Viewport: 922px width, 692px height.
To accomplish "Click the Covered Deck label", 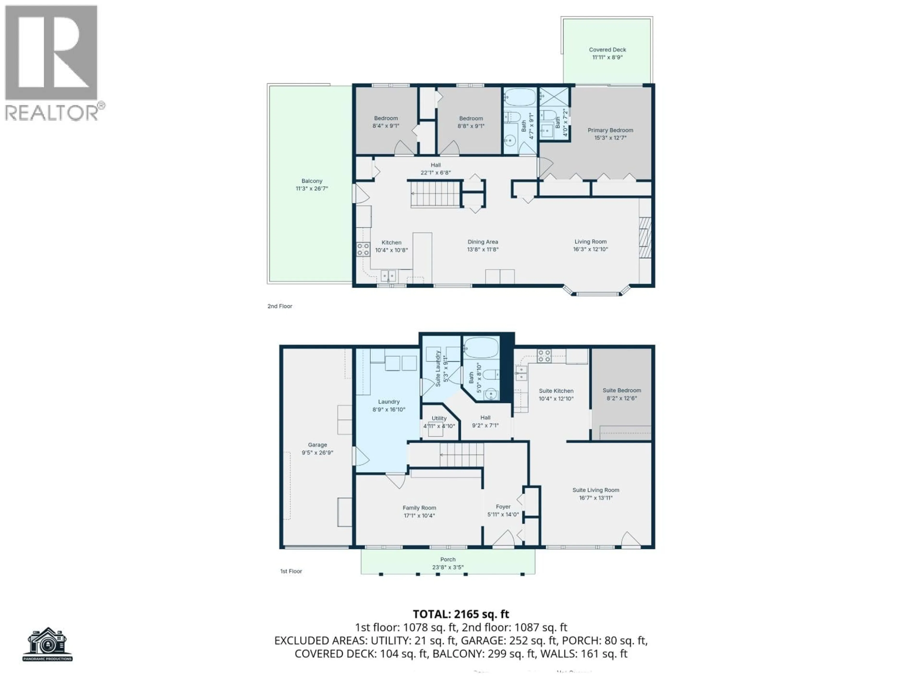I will (x=607, y=50).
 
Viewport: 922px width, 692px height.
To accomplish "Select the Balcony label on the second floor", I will (x=312, y=181).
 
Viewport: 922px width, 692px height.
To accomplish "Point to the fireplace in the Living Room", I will (x=645, y=238).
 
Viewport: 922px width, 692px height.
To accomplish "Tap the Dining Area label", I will (x=483, y=242).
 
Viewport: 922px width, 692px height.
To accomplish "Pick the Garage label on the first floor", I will (x=317, y=445).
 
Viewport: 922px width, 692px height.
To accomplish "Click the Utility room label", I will (x=439, y=418).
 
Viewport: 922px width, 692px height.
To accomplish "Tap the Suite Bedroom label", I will (x=621, y=390).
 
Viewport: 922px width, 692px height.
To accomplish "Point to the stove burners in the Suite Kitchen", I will (x=544, y=356).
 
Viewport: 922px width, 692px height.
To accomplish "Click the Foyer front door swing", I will (x=503, y=538).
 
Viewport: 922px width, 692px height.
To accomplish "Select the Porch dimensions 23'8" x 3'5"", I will (x=448, y=567).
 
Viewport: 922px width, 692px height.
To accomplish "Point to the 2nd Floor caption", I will (x=280, y=306).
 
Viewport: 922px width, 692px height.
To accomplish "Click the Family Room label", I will (x=419, y=508).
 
